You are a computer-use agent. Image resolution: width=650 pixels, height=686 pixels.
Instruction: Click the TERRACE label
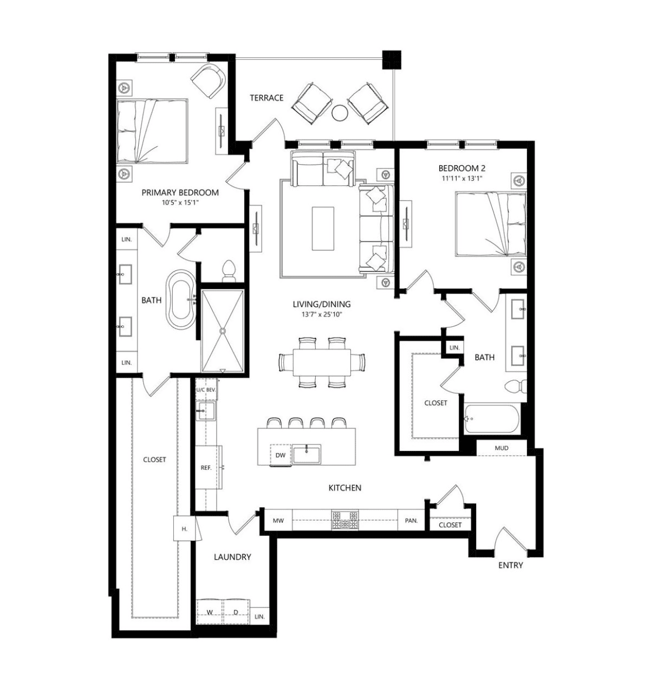pyautogui.click(x=266, y=98)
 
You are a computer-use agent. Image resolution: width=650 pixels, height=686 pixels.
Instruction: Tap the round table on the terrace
pyautogui.click(x=340, y=113)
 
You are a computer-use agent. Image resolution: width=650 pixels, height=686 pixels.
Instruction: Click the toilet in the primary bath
pyautogui.click(x=229, y=271)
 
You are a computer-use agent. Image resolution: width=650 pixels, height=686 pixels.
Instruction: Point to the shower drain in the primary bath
pyautogui.click(x=222, y=330)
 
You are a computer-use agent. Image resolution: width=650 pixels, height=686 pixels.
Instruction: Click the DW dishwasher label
pyautogui.click(x=280, y=455)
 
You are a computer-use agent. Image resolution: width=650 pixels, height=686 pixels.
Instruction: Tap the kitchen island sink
pyautogui.click(x=307, y=454)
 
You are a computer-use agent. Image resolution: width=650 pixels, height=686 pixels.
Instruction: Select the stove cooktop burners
pyautogui.click(x=344, y=520)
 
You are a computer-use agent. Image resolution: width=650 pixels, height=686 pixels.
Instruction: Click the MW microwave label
pyautogui.click(x=278, y=521)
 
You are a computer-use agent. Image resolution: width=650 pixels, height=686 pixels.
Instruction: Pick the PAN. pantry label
pyautogui.click(x=411, y=521)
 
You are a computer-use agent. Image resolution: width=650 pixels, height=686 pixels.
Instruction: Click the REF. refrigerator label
pyautogui.click(x=206, y=468)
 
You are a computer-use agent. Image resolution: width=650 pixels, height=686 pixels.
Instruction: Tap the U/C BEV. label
pyautogui.click(x=206, y=390)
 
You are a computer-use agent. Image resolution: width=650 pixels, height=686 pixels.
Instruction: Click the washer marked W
pyautogui.click(x=210, y=612)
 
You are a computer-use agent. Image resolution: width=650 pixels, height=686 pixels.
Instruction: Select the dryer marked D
pyautogui.click(x=236, y=612)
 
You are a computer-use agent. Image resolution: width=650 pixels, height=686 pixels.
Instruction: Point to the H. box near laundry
pyautogui.click(x=184, y=529)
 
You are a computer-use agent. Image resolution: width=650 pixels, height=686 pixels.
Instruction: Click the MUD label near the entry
pyautogui.click(x=502, y=448)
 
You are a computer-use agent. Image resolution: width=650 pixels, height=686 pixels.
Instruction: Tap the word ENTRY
pyautogui.click(x=510, y=565)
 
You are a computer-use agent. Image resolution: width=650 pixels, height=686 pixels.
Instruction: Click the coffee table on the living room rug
pyautogui.click(x=323, y=228)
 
